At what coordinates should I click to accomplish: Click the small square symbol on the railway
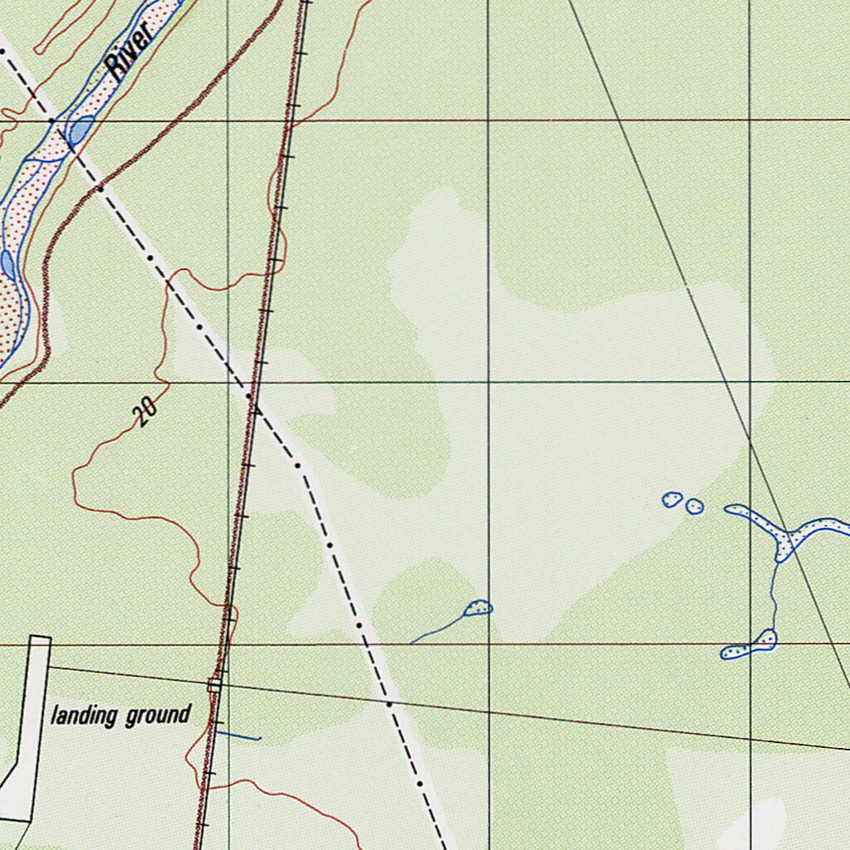215,684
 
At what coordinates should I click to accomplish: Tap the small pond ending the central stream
478,609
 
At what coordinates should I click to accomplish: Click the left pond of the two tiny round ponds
672,500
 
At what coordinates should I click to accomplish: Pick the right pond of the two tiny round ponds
695,506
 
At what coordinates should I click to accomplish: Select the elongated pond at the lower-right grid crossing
750,646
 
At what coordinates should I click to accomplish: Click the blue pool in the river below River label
81,130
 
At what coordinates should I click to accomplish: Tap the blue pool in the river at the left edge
7,264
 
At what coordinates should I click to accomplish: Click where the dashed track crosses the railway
253,402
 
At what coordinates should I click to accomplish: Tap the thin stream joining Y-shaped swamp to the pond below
774,594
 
